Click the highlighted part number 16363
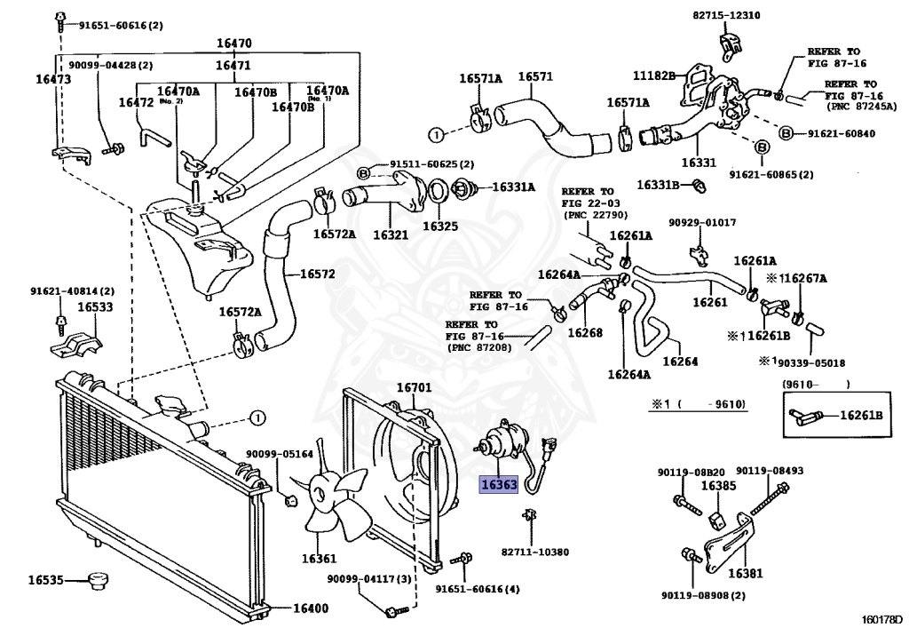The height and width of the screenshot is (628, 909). [x=498, y=485]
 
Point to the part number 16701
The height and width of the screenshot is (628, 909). [x=414, y=388]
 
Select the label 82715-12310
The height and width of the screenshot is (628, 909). [x=732, y=15]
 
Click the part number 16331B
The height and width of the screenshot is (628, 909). [x=658, y=185]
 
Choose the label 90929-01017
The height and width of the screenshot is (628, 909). [x=702, y=222]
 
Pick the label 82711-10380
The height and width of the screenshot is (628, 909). [x=535, y=552]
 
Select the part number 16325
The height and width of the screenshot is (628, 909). [x=440, y=227]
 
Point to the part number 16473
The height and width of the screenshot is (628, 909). [x=53, y=79]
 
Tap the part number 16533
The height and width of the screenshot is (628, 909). [x=94, y=306]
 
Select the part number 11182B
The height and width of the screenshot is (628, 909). [x=655, y=76]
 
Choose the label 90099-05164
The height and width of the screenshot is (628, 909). [x=280, y=454]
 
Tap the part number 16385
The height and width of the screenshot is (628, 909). [x=718, y=486]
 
